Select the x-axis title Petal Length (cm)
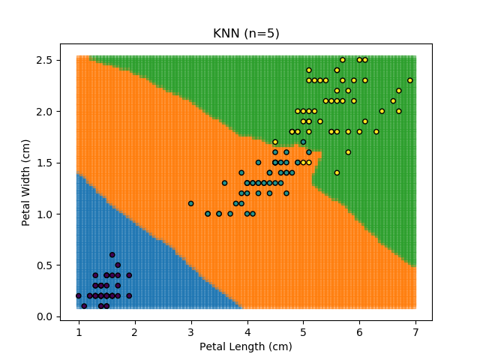tap(246, 346)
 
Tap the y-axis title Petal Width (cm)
tap(26, 182)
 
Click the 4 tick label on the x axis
tap(247, 331)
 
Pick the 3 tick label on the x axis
tap(190, 331)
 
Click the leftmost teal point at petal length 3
tap(190, 203)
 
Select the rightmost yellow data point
tap(410, 80)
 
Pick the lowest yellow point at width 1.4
tap(337, 172)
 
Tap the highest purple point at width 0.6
tap(112, 255)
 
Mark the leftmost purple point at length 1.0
tap(79, 295)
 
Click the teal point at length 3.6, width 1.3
tap(224, 183)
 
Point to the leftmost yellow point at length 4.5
tap(275, 142)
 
